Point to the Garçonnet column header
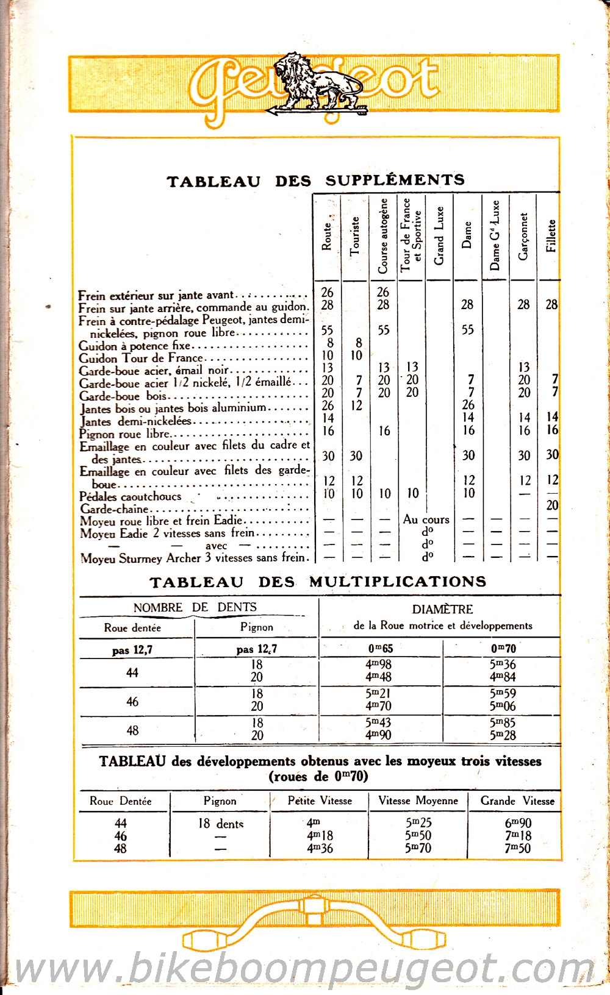(523, 236)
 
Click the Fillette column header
(551, 236)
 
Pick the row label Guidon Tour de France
(142, 358)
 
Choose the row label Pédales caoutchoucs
(131, 497)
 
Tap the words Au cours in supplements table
(426, 520)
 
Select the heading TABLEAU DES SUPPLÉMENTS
(316, 180)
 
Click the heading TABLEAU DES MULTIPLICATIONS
(318, 582)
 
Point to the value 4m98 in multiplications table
(378, 665)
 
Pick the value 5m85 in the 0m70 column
(503, 722)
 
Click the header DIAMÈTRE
(442, 609)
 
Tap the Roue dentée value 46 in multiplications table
(132, 702)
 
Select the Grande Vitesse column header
(517, 801)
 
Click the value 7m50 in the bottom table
(517, 848)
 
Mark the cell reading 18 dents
(220, 824)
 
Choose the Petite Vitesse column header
(320, 801)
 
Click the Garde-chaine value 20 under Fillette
(552, 505)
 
